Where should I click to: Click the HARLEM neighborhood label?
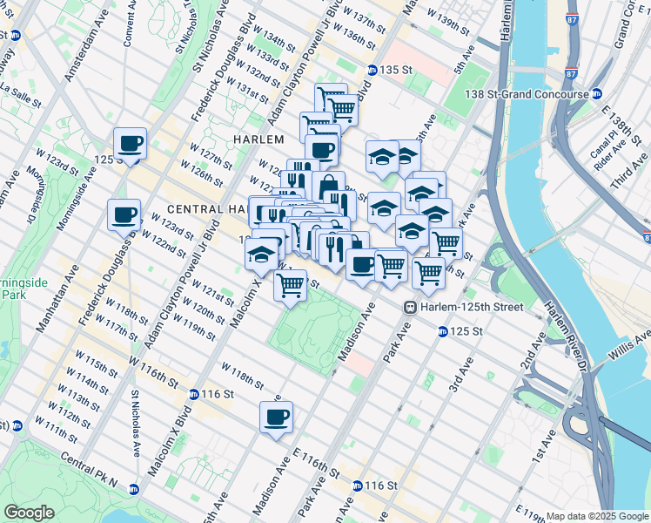258,139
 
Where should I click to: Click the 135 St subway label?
393,70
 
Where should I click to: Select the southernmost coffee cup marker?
277,418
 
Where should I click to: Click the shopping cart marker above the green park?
291,284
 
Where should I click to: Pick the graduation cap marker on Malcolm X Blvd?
259,255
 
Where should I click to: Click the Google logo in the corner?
29,513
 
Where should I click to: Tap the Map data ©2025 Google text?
595,516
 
